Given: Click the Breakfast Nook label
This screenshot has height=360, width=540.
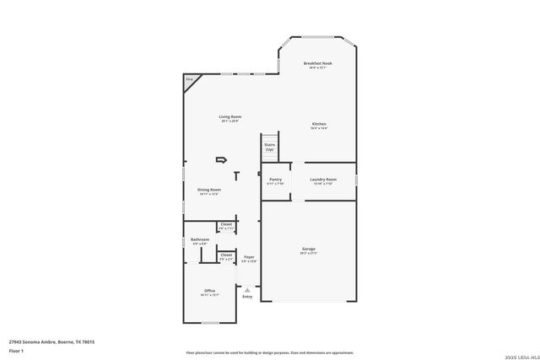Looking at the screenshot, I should pos(317,63).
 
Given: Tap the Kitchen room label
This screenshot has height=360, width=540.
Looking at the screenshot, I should pos(319,124).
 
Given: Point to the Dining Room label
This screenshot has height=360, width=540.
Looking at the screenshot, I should pos(208,190).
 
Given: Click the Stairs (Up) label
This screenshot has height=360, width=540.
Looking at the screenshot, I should pos(269,146).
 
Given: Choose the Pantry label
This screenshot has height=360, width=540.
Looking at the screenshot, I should pos(276,180).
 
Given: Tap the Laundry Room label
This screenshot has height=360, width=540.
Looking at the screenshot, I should pos(323,180).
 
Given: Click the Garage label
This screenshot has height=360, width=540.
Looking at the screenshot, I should pos(309,249).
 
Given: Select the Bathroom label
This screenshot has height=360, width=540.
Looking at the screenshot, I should pos(200,239).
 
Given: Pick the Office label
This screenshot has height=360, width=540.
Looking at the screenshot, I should pos(209,291).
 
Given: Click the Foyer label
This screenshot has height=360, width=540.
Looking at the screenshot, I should pos(249,257).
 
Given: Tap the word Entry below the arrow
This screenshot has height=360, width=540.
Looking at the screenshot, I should pos(247,297).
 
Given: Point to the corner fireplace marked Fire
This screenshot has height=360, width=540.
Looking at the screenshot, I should pos(189,79).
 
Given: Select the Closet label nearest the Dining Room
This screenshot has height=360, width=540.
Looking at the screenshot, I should pos(226,224).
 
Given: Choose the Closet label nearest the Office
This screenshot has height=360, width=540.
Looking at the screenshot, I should pos(226,255).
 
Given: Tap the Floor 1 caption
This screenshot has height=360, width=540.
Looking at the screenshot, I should pos(15,350).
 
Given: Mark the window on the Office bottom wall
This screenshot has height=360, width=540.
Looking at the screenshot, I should pos(211,324).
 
